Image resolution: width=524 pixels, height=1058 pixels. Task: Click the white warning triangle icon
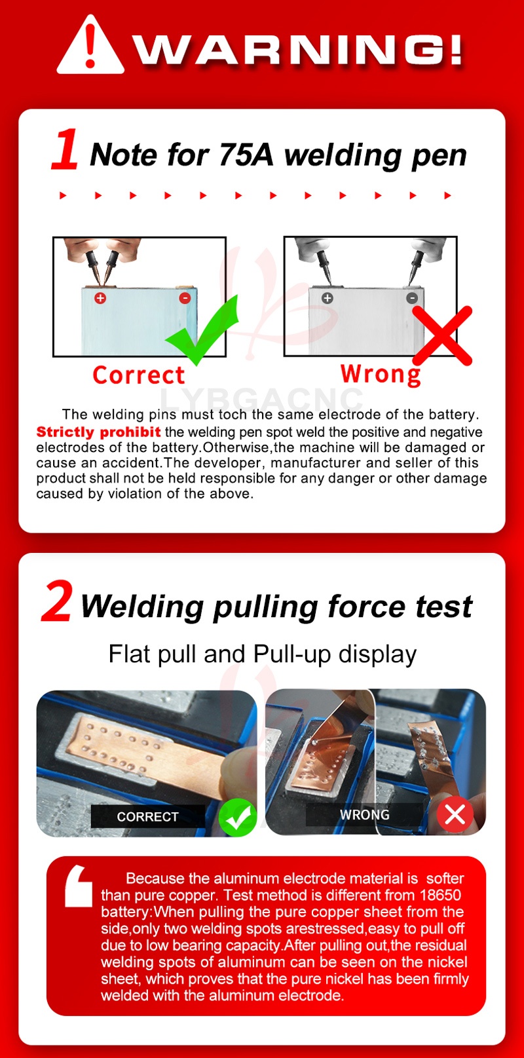(x=90, y=45)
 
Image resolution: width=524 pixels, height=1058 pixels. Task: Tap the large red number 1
(x=65, y=149)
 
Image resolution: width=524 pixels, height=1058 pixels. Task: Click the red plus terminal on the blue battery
(x=100, y=298)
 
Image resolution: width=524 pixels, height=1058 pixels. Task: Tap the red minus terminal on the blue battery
(x=185, y=298)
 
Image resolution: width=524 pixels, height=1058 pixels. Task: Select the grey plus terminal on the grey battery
(x=327, y=298)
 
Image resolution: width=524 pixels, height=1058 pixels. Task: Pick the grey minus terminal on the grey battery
(x=412, y=298)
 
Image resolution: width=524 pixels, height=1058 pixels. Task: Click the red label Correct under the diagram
(x=138, y=375)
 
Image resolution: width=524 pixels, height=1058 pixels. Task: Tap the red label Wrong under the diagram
(x=381, y=375)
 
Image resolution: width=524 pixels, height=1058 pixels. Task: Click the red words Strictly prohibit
(x=98, y=432)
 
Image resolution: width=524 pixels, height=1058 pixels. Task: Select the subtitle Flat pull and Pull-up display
(x=263, y=654)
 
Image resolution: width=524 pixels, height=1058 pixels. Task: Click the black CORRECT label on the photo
(x=148, y=817)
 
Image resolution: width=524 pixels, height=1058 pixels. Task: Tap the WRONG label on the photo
(x=364, y=815)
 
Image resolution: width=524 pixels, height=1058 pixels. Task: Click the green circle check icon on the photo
(x=238, y=818)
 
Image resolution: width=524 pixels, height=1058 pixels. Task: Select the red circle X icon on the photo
(x=455, y=815)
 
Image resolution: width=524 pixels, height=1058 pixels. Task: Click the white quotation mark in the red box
(x=79, y=886)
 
